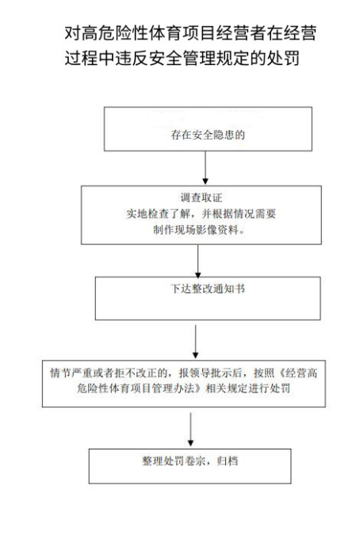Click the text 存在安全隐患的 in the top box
(208, 135)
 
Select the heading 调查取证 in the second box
(201, 197)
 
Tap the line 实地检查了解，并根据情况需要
(201, 214)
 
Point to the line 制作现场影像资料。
(199, 230)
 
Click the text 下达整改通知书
(208, 289)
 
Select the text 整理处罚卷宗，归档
(190, 461)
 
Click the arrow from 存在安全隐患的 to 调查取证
(205, 167)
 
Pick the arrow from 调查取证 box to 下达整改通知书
(198, 262)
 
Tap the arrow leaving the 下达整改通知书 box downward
(195, 342)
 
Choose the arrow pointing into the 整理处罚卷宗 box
(190, 430)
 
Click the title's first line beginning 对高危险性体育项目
(190, 33)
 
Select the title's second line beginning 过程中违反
(182, 57)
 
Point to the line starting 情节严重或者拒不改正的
(184, 373)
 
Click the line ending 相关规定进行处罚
(184, 388)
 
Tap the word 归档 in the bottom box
(228, 461)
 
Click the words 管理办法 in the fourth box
(172, 388)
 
